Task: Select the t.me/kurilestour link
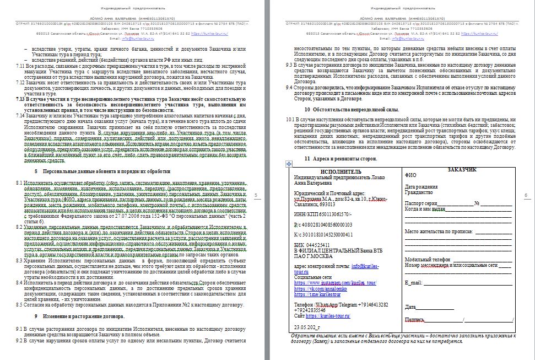point(317,294)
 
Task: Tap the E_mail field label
point(413,282)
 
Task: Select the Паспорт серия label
point(421,204)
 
